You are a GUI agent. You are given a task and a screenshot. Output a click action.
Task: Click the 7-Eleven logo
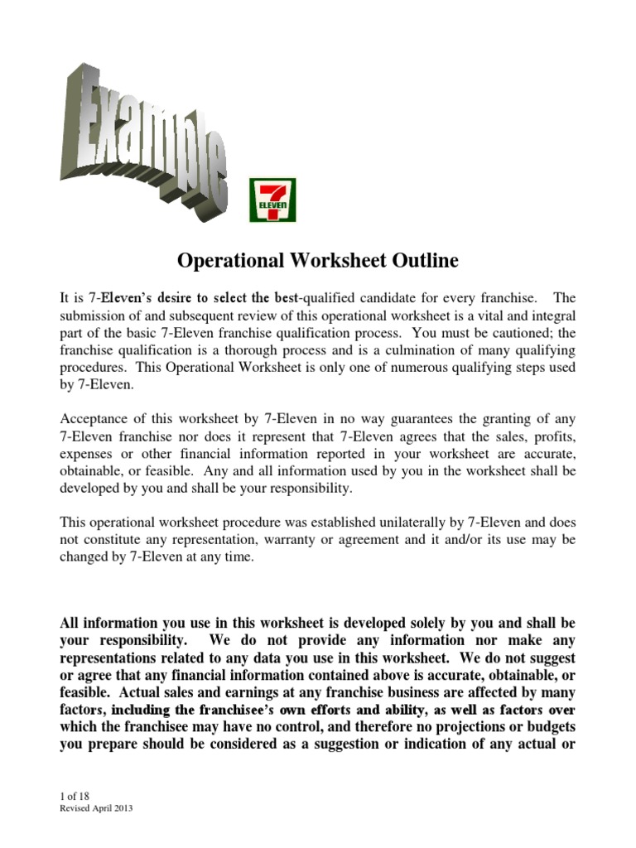[272, 200]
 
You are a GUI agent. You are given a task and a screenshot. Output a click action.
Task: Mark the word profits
[548, 437]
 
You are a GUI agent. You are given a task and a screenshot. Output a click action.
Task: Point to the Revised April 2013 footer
[98, 808]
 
